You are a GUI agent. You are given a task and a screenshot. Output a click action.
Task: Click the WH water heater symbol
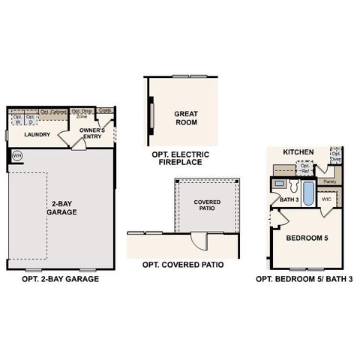click(17, 156)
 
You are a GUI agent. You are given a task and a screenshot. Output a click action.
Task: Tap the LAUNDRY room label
click(37, 135)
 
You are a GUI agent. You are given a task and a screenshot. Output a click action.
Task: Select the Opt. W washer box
click(16, 119)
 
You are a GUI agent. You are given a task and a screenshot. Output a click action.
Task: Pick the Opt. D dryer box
click(30, 119)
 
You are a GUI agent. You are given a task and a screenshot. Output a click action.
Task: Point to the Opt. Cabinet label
click(53, 112)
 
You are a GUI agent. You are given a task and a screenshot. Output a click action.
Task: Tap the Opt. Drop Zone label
click(82, 114)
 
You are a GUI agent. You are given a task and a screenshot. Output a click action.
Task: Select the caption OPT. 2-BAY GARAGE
click(61, 279)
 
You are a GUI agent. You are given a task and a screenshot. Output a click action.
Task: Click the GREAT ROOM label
click(185, 117)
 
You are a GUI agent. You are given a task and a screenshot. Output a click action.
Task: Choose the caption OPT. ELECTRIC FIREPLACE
click(181, 158)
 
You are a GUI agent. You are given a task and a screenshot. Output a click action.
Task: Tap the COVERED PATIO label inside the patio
click(207, 206)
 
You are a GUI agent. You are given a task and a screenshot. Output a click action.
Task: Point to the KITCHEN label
click(298, 151)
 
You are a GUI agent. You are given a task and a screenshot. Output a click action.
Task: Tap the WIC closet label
click(327, 200)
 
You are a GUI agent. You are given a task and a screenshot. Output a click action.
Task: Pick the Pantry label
click(328, 181)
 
